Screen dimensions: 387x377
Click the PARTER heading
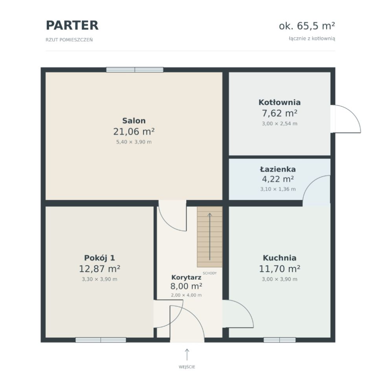click(x=72, y=26)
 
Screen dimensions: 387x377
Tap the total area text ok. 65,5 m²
click(x=307, y=26)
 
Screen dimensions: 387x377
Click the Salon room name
click(x=134, y=121)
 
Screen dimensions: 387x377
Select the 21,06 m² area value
click(x=134, y=132)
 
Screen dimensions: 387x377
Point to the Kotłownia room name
click(x=279, y=102)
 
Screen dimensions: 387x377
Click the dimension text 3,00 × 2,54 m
click(x=279, y=124)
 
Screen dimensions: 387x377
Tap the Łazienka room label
click(x=278, y=169)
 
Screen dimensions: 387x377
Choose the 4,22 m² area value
click(x=278, y=179)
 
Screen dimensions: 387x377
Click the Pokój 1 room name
click(x=99, y=258)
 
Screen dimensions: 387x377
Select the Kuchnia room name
click(x=279, y=258)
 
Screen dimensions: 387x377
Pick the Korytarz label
click(x=186, y=277)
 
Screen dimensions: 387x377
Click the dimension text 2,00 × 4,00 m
click(x=186, y=295)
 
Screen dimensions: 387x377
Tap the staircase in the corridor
click(x=209, y=237)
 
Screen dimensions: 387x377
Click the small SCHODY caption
click(x=209, y=273)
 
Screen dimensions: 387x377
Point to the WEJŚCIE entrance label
click(x=187, y=367)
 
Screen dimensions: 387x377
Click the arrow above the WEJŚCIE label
click(x=187, y=355)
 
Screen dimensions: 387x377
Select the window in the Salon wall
click(x=135, y=70)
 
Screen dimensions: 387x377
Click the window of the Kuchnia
click(x=279, y=340)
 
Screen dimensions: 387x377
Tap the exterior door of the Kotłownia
click(x=345, y=119)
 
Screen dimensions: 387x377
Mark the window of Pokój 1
click(x=101, y=340)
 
